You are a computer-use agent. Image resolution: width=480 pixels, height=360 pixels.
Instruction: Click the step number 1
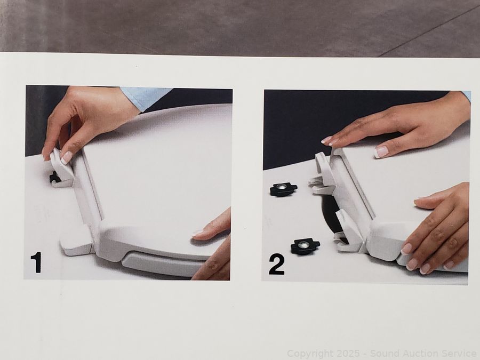pos(36,262)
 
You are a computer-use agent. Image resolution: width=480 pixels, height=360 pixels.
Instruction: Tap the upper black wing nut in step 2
pos(283,189)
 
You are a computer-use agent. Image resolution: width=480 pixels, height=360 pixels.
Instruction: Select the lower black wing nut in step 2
pos(305,246)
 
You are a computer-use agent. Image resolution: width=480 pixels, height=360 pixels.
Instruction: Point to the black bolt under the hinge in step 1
pos(53,178)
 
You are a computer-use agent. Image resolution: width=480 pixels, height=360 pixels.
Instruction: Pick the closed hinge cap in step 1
pos(76,241)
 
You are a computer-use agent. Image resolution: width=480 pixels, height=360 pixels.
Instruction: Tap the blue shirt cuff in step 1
pos(144,97)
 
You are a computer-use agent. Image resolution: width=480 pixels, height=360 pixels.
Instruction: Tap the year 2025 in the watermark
pos(341,353)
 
